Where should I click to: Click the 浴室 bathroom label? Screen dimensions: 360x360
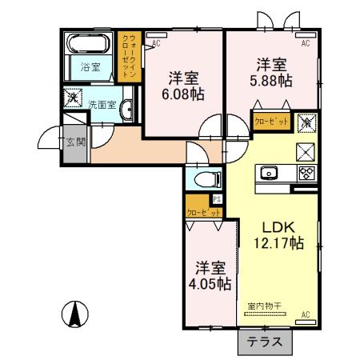[x=90, y=67]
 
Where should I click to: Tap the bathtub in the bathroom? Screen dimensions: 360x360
[x=90, y=42]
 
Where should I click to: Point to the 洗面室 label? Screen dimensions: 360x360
[x=102, y=105]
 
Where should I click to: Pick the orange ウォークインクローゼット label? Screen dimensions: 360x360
[x=129, y=55]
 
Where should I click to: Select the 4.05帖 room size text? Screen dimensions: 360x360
[x=213, y=283]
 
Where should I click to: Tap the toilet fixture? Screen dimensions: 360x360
[x=202, y=179]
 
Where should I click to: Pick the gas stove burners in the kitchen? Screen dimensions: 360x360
[x=305, y=172]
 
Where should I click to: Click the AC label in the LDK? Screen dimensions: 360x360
[x=306, y=314]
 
